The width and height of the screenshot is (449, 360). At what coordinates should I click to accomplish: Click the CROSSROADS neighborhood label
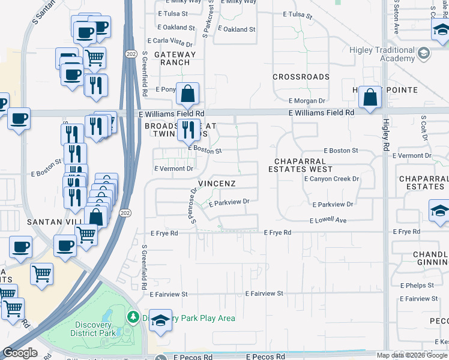(301, 77)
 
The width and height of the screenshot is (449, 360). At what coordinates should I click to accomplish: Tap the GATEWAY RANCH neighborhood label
(172, 58)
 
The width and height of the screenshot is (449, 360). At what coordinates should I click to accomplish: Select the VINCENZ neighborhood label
(217, 182)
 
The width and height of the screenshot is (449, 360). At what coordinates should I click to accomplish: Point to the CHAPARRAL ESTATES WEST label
(300, 166)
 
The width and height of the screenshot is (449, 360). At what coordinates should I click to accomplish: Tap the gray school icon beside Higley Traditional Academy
(424, 53)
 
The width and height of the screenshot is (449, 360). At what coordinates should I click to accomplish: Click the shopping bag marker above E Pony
(188, 94)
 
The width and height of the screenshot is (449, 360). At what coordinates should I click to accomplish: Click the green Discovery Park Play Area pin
(133, 316)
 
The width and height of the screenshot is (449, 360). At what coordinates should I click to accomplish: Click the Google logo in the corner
(20, 353)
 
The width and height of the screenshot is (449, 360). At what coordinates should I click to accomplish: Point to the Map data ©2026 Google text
(412, 355)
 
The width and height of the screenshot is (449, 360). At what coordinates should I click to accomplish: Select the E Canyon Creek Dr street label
(331, 179)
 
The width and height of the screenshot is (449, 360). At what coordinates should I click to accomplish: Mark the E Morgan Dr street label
(307, 101)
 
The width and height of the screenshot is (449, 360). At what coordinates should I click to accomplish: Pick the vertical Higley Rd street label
(385, 133)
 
